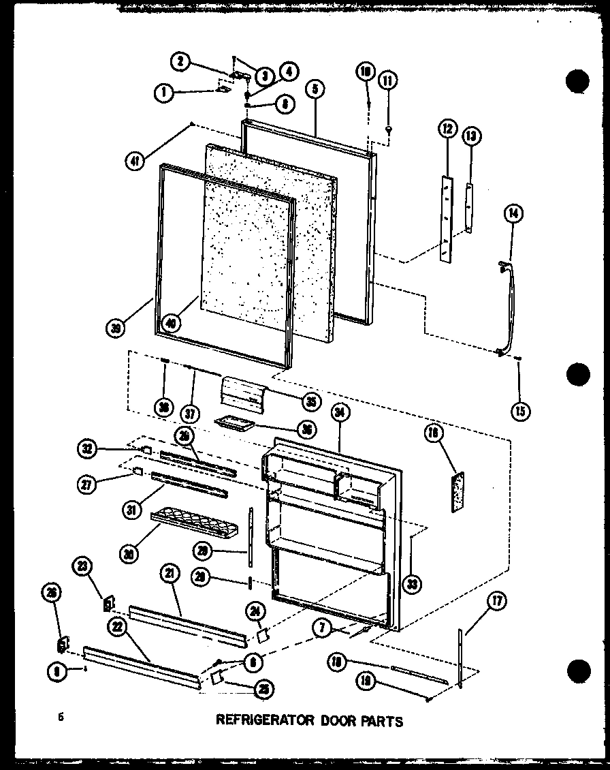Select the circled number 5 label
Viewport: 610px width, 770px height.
316,89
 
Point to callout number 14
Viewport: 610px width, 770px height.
513,213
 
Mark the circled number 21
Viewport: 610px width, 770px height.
167,575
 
